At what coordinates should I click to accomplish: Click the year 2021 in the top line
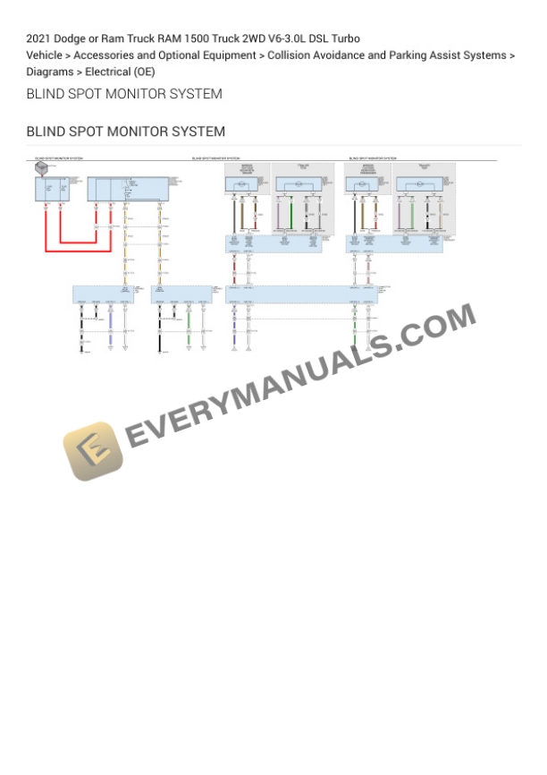tap(38, 38)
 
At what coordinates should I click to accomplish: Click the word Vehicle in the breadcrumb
tap(45, 55)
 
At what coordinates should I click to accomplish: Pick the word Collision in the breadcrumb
tap(290, 55)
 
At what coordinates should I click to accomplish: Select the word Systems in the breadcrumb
tap(484, 55)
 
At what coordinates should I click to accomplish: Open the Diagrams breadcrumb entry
tap(49, 72)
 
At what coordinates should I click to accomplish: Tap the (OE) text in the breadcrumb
tap(144, 72)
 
